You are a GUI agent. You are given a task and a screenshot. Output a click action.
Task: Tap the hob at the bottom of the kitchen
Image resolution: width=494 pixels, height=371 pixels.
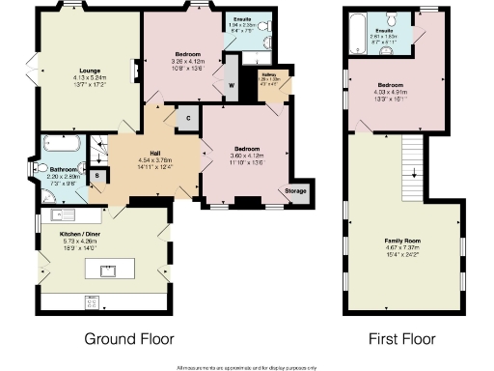click(94, 300)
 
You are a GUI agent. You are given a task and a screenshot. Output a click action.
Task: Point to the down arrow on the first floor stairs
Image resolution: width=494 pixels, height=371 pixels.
click(414, 175)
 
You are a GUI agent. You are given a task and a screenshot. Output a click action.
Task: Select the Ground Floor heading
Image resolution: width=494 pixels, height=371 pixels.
click(129, 339)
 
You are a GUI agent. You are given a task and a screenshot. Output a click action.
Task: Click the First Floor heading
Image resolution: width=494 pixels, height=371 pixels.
click(402, 339)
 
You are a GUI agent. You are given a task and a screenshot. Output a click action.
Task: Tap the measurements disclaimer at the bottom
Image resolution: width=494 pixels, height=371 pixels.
click(246, 367)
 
